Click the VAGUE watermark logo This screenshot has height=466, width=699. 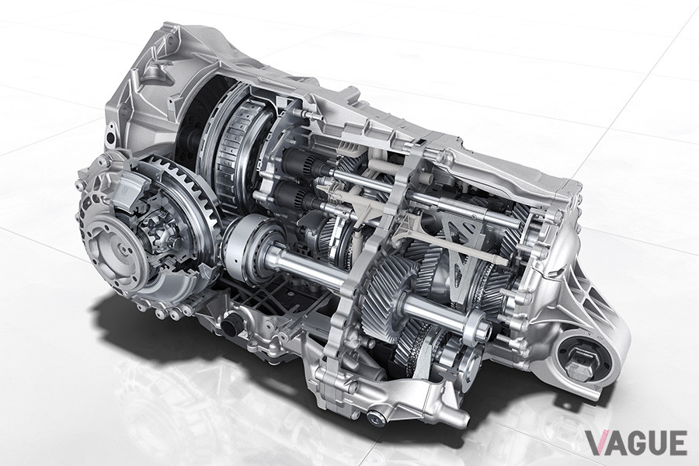pos(636,443)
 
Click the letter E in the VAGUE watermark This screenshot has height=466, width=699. pos(678,443)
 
